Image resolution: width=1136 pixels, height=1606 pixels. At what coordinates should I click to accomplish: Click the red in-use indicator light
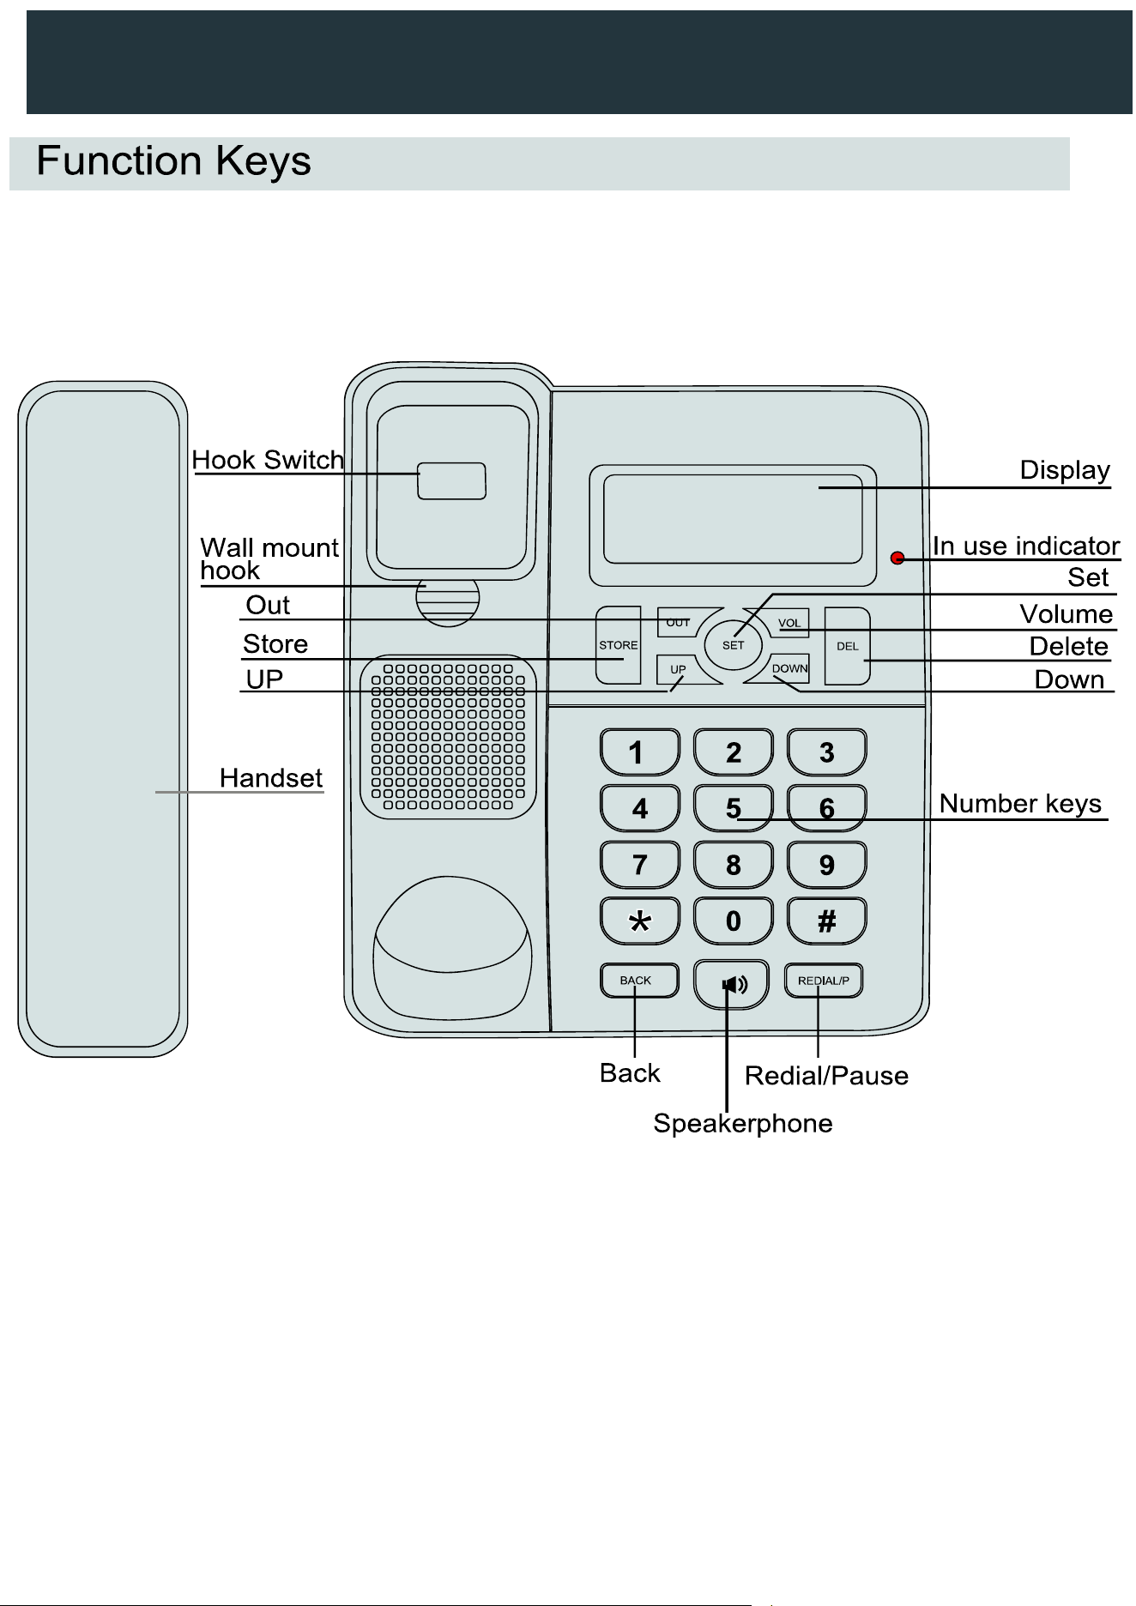pyautogui.click(x=897, y=558)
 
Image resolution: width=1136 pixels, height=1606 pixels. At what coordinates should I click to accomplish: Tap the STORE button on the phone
pyautogui.click(x=619, y=645)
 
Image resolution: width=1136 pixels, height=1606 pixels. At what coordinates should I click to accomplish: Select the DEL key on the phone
pyautogui.click(x=848, y=646)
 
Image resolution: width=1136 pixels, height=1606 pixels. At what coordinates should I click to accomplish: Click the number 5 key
pyautogui.click(x=733, y=808)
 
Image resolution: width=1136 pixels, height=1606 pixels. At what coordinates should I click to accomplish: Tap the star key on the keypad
pyautogui.click(x=640, y=921)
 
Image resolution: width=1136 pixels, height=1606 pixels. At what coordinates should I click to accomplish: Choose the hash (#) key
pyautogui.click(x=826, y=921)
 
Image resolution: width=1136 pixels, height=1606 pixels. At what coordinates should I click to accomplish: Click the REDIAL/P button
pyautogui.click(x=824, y=981)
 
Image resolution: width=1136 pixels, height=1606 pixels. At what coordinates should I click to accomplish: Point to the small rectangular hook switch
pyautogui.click(x=451, y=481)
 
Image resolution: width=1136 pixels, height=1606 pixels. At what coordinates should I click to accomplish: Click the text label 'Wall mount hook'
pyautogui.click(x=269, y=559)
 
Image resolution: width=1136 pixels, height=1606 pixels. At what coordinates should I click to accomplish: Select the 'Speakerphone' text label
pyautogui.click(x=743, y=1124)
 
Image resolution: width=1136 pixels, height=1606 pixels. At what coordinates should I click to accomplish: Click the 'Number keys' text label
pyautogui.click(x=1020, y=804)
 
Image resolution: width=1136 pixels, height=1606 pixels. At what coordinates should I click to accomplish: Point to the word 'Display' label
pyautogui.click(x=1065, y=470)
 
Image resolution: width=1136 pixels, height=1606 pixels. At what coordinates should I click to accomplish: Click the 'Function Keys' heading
pyautogui.click(x=173, y=161)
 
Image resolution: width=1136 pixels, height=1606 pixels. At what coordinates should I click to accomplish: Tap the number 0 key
pyautogui.click(x=733, y=921)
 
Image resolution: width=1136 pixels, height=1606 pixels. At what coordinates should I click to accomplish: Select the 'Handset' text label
pyautogui.click(x=271, y=778)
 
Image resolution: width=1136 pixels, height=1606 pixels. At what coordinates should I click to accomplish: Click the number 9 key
pyautogui.click(x=826, y=865)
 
